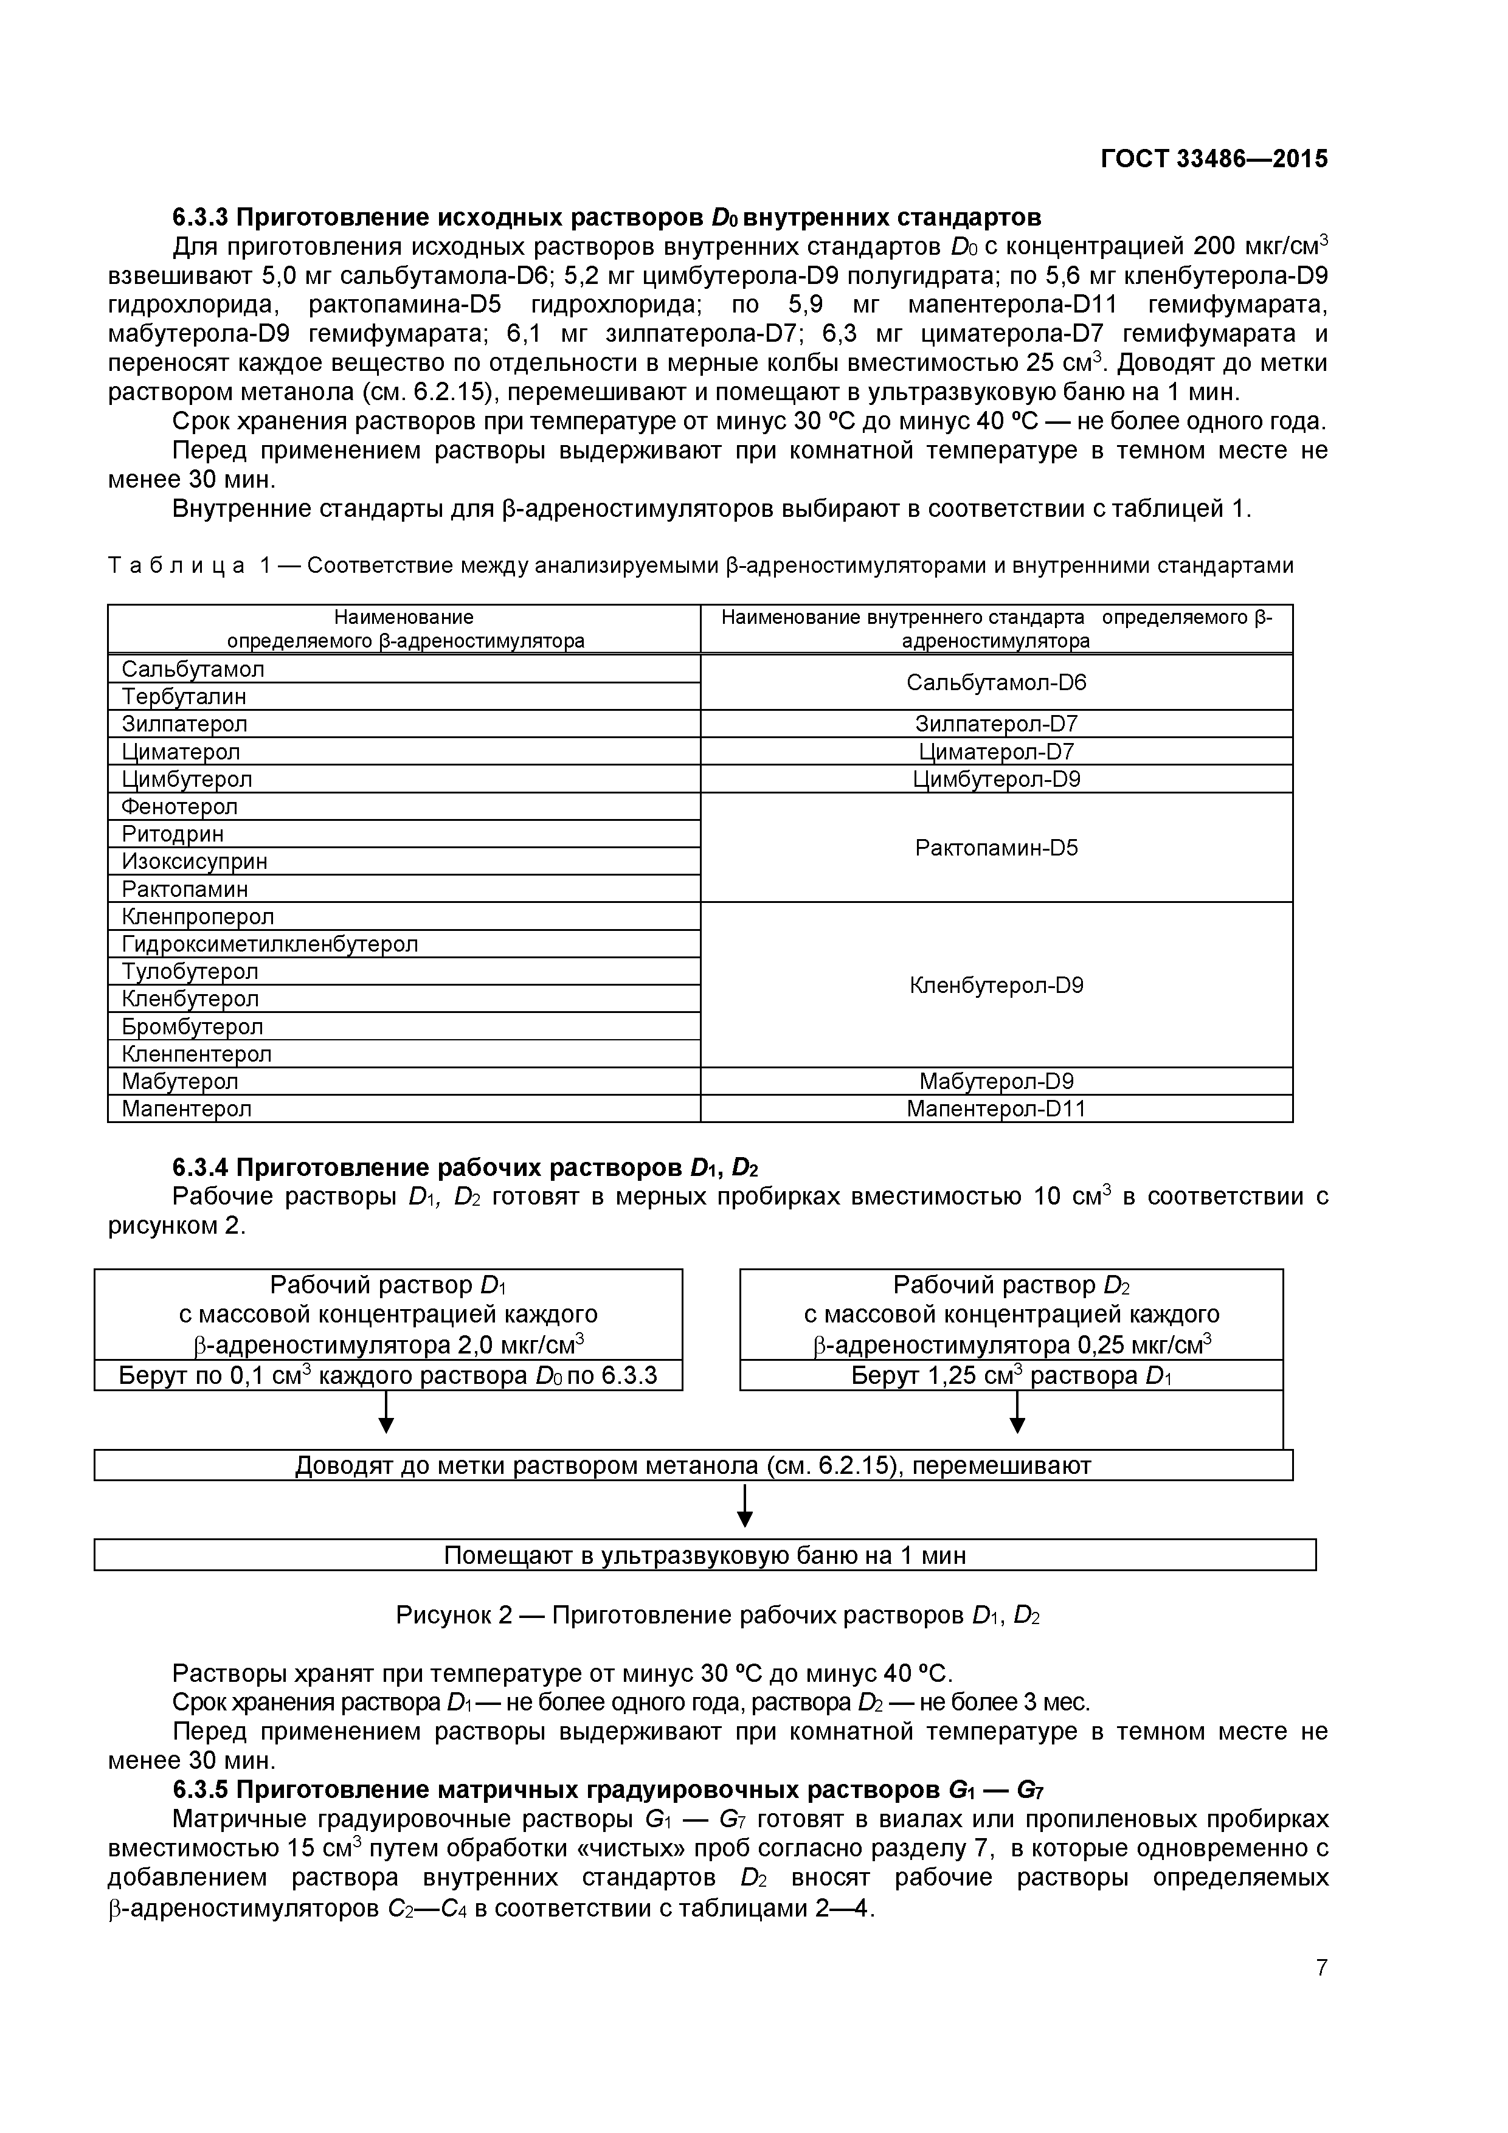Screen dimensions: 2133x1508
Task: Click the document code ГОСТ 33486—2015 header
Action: [x=1214, y=159]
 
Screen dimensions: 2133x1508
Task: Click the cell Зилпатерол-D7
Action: [x=996, y=724]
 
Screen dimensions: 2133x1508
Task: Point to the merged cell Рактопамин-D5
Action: [x=996, y=847]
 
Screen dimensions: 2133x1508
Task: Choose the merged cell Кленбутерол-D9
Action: [x=996, y=985]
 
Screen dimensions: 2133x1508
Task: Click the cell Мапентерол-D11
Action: [x=996, y=1108]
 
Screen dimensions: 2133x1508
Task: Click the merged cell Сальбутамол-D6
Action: [x=996, y=683]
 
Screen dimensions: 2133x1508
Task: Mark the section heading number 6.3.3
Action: [x=200, y=218]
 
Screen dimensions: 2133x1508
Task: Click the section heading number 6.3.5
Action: [x=200, y=1790]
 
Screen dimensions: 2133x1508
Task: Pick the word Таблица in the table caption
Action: [x=176, y=565]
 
